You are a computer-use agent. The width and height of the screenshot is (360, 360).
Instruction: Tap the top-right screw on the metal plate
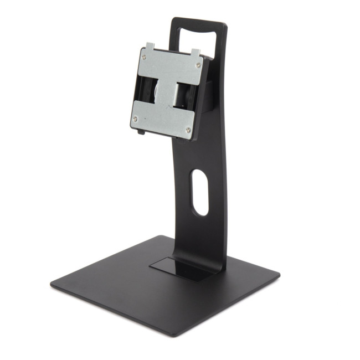point(198,65)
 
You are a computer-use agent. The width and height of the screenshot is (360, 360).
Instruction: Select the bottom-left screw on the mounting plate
point(134,117)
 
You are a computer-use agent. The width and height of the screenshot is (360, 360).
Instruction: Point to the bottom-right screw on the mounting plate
point(188,130)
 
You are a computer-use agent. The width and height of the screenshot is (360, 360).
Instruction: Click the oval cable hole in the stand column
point(200,192)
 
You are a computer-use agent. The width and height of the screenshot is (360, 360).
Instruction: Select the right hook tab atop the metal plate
point(194,53)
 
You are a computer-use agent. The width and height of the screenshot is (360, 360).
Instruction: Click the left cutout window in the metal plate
point(148,89)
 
